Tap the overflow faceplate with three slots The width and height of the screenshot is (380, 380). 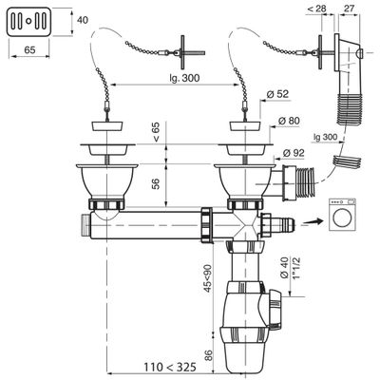tap(26, 20)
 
